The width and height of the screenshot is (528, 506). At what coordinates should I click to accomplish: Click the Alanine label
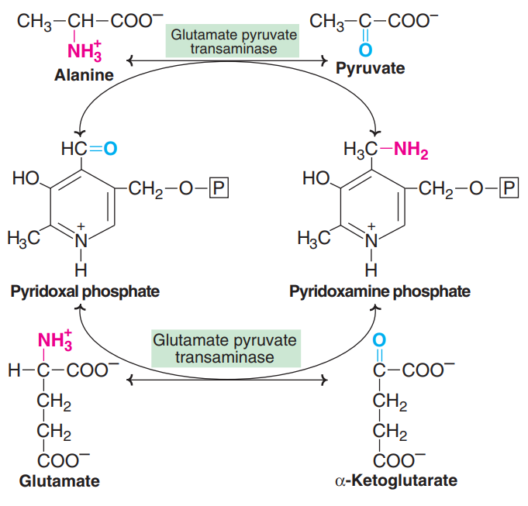point(84,76)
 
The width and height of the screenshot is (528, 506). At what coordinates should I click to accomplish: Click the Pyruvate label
point(370,69)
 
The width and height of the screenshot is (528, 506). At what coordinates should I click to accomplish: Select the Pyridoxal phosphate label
point(85,292)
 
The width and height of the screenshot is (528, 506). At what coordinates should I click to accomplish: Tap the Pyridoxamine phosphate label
point(380,292)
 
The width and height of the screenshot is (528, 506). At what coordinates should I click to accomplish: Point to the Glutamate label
point(60,481)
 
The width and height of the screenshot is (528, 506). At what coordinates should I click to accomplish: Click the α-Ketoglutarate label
point(396,481)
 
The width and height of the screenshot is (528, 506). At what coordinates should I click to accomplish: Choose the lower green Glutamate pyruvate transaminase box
point(225,349)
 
